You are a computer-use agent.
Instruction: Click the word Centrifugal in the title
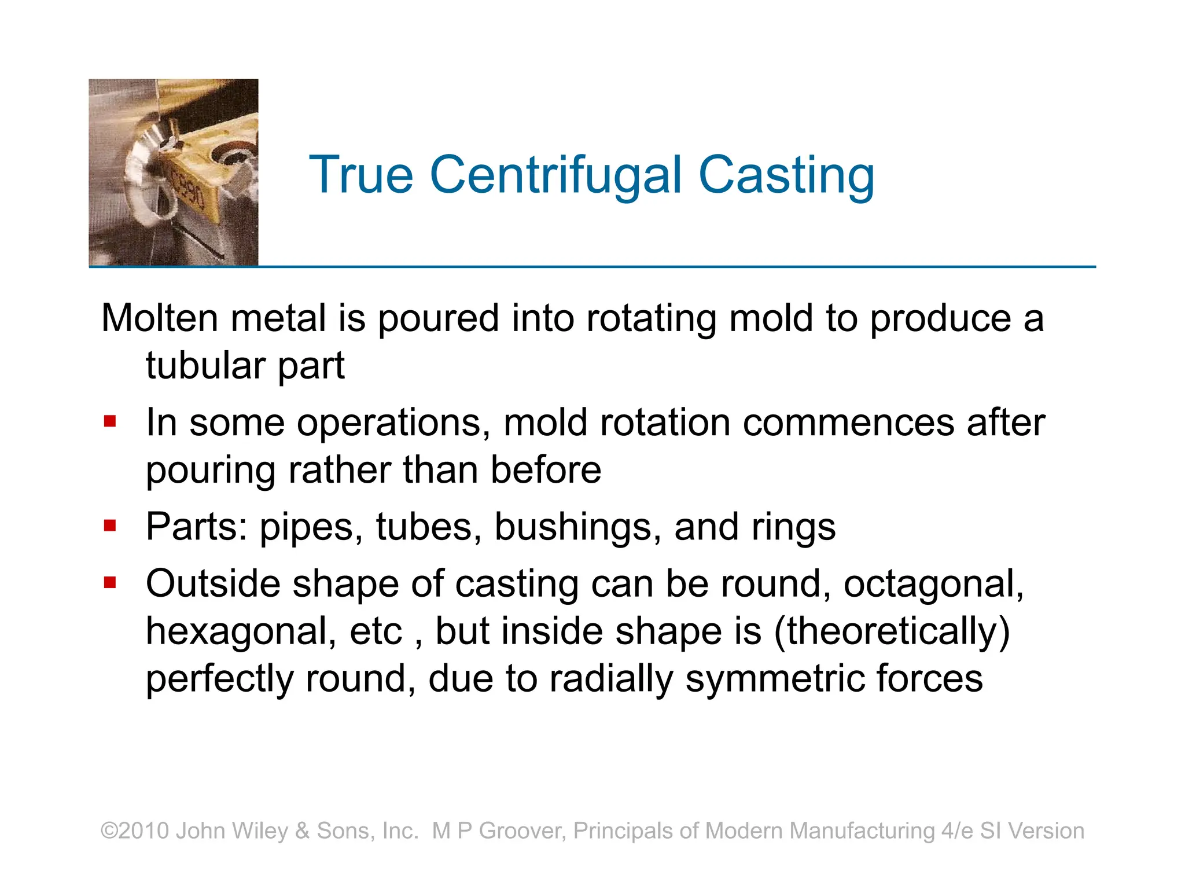[555, 175]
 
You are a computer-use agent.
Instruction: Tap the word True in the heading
[361, 175]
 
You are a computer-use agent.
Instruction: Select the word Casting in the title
[786, 175]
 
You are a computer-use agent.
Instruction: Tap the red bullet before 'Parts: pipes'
[110, 525]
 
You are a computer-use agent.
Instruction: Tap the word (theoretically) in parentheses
[892, 631]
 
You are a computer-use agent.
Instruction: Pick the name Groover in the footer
[522, 831]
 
